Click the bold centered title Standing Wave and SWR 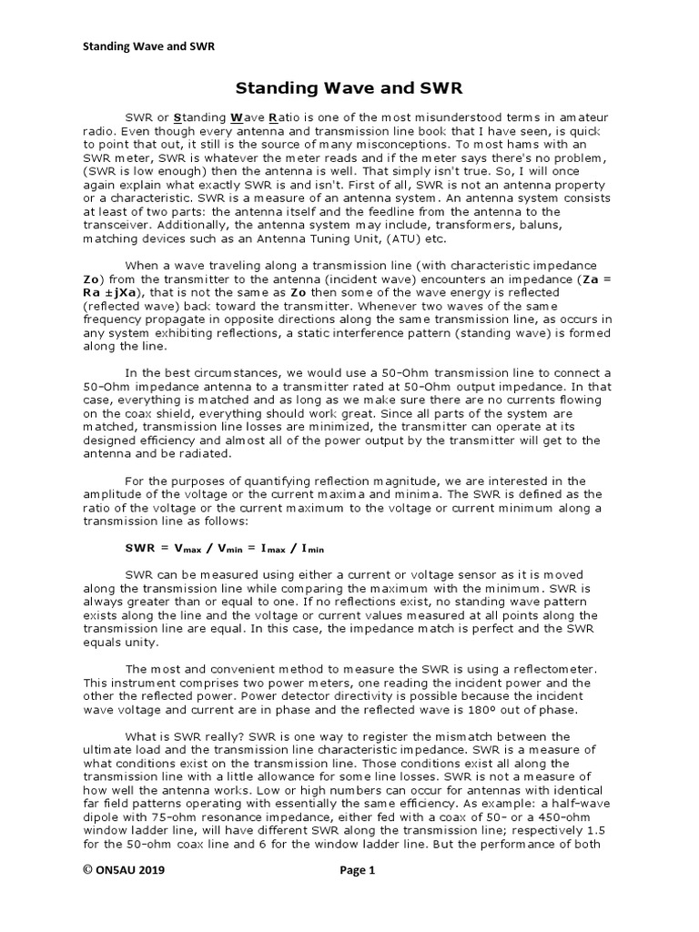click(x=349, y=88)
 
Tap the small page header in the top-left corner click(x=149, y=46)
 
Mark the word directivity click(x=360, y=696)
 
